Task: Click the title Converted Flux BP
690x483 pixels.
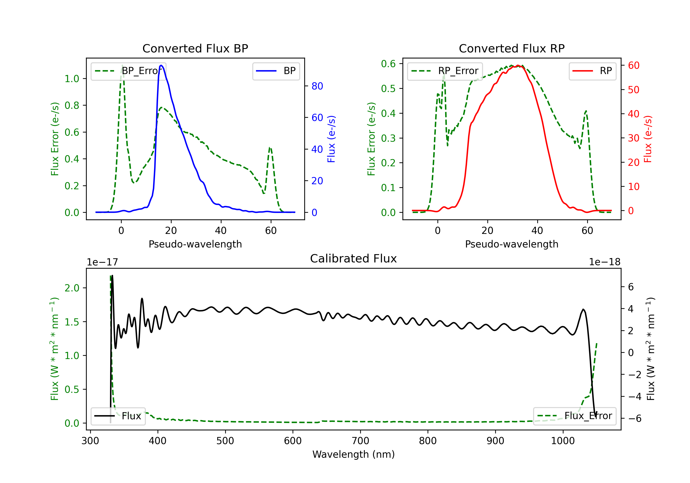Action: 195,48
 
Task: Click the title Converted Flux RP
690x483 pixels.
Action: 512,48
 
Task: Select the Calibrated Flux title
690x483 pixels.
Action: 354,259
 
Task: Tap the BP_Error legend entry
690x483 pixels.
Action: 128,71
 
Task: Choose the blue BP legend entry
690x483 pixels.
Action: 276,71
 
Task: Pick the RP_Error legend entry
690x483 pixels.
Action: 445,71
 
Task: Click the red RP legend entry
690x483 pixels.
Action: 592,71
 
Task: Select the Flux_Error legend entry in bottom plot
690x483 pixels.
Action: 575,416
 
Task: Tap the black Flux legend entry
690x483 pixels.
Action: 118,416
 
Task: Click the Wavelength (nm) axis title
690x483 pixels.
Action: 354,454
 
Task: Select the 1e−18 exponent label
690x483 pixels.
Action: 605,262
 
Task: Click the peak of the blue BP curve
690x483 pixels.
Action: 161,65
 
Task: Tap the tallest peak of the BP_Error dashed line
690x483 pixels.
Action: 122,65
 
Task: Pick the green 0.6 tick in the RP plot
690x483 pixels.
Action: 388,64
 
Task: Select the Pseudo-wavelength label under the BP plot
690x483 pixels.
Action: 195,244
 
